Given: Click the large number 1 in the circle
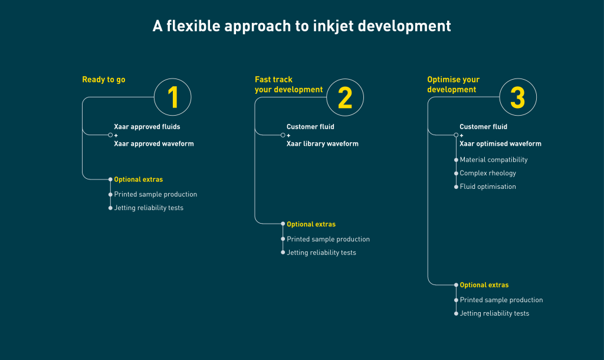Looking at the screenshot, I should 172,97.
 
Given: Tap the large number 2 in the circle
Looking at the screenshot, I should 345,97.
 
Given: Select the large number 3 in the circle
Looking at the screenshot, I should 517,97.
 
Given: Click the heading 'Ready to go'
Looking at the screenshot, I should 104,80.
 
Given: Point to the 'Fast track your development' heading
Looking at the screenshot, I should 288,84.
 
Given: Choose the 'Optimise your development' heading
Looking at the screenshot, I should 453,84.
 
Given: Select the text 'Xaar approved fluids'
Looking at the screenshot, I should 147,127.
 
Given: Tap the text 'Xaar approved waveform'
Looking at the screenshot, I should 153,143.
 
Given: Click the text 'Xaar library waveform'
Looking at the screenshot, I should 322,143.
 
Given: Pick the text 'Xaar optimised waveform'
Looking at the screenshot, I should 500,143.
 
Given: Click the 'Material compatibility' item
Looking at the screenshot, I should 494,160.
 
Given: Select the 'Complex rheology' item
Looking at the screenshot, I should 488,174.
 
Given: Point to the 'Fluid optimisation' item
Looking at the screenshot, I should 488,186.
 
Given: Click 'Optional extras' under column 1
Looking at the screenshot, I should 139,179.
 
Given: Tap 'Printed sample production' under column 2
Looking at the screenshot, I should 328,239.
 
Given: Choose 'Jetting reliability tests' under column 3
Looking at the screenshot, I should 494,313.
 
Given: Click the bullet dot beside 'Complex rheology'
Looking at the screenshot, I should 456,174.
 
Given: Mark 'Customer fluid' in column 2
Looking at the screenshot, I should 310,127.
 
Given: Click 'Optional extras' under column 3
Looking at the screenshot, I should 484,285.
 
